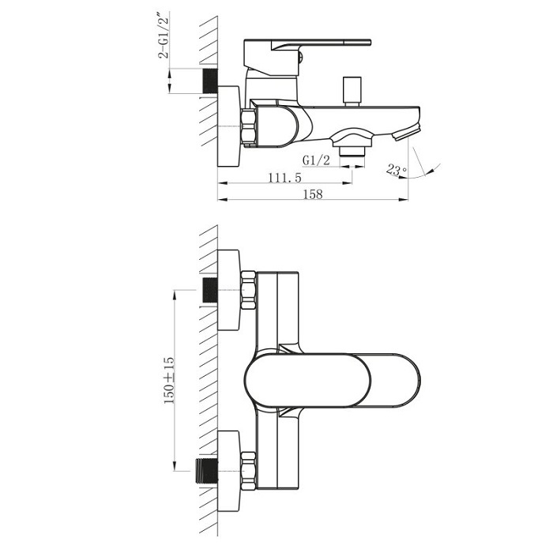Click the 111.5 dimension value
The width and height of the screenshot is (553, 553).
(285, 178)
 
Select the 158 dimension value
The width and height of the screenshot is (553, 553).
(313, 194)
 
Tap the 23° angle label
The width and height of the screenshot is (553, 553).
(397, 170)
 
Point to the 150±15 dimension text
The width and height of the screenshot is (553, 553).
(169, 380)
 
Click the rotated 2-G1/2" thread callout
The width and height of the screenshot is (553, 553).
(164, 35)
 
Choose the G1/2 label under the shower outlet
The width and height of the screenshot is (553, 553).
(316, 160)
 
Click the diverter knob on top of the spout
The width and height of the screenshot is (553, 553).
(352, 92)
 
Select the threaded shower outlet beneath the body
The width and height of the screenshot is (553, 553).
(352, 151)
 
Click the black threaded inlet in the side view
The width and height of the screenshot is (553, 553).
(211, 81)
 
